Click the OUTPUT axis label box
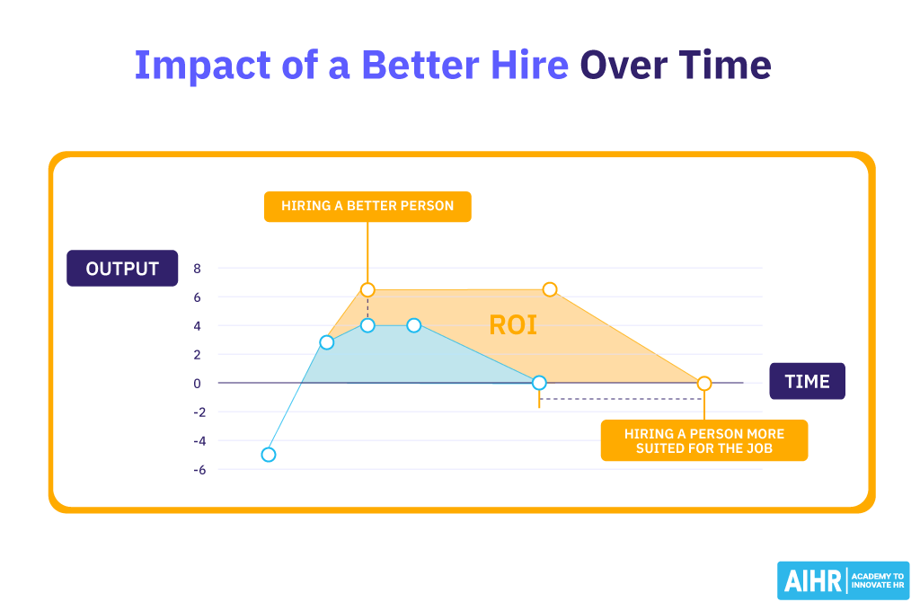(122, 269)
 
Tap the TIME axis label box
(807, 382)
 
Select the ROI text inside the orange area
(513, 325)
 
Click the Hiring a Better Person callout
(367, 206)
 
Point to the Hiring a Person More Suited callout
(703, 440)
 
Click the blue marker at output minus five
(268, 455)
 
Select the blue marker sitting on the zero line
(539, 383)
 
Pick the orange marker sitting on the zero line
(704, 384)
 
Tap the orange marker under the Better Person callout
(367, 289)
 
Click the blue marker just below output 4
(327, 342)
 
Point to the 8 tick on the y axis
(197, 269)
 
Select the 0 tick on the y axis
(197, 384)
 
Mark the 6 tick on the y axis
(197, 297)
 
